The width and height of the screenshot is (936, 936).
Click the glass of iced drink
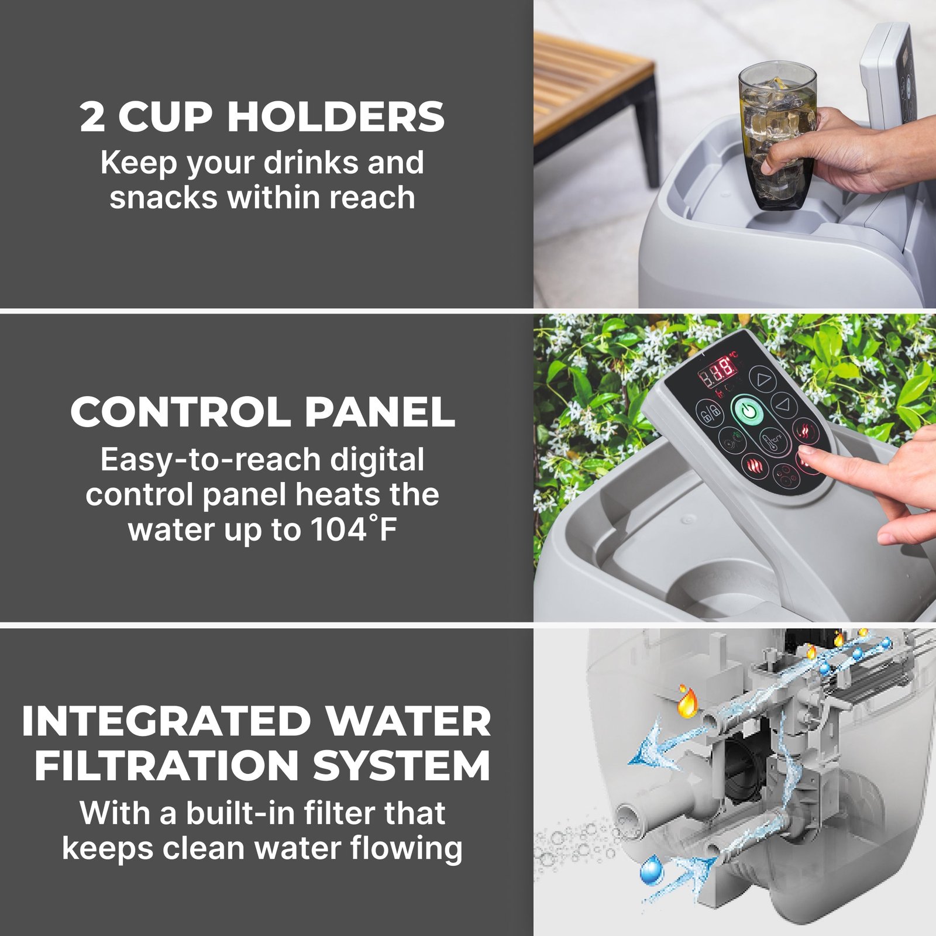(x=777, y=135)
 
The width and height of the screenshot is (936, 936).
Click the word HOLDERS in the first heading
(x=336, y=116)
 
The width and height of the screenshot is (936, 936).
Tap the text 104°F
(x=354, y=529)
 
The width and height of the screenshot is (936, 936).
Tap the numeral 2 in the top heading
(x=92, y=116)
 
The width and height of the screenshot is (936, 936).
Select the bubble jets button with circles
(x=784, y=475)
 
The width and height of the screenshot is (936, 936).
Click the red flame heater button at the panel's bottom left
(x=755, y=466)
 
